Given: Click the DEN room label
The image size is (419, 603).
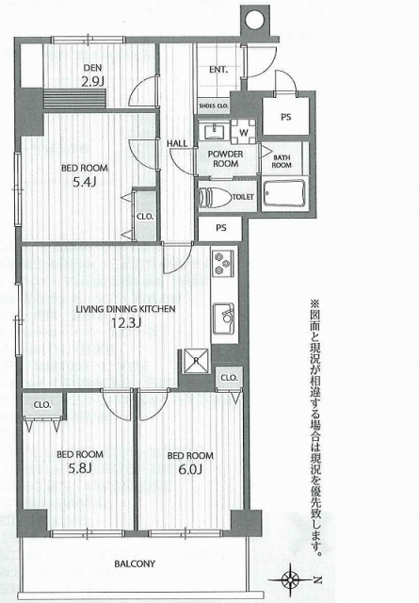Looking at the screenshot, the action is tap(92, 68).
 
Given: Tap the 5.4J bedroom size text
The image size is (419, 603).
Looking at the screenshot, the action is tap(85, 182).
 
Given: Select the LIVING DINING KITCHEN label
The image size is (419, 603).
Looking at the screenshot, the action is tap(125, 309).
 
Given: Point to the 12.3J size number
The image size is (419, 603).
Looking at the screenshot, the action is tap(126, 322).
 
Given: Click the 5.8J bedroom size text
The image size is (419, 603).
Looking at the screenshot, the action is tap(80, 468).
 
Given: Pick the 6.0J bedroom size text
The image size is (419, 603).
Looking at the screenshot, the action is tap(190, 469).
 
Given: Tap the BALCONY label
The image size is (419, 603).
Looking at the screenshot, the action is tap(135, 563).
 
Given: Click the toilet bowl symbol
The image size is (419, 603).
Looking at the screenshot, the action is tap(215, 197).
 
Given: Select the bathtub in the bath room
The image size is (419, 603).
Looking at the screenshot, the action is tap(285, 193).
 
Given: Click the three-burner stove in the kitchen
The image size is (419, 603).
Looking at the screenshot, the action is tap(222, 264).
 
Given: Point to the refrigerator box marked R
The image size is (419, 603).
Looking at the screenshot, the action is tap(196, 361).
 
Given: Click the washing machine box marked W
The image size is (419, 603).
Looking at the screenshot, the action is tap(244, 132).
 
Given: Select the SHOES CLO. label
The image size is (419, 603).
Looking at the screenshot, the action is tap(214, 106).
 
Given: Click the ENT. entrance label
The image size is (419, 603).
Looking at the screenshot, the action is tap(218, 70).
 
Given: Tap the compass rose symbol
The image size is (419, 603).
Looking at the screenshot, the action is tap(291, 579).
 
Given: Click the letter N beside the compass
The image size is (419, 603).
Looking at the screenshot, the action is tap(317, 579).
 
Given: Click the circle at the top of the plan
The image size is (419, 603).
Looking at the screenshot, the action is tap(253, 19).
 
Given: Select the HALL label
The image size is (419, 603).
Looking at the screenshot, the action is tap(177, 143).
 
